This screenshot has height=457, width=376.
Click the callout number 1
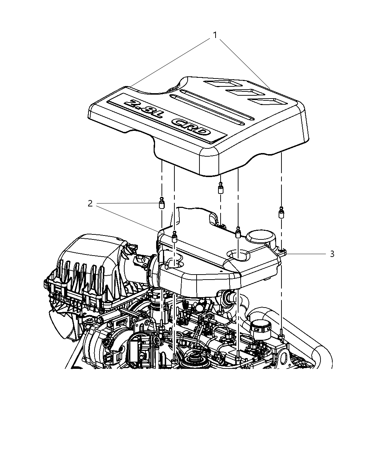(x=215, y=35)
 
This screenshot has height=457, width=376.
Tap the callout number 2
(x=90, y=204)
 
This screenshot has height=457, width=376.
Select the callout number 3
(x=332, y=254)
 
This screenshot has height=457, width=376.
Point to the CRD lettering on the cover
(x=191, y=128)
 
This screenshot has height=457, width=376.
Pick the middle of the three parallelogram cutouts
(x=243, y=93)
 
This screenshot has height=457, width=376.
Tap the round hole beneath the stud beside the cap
(x=238, y=255)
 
